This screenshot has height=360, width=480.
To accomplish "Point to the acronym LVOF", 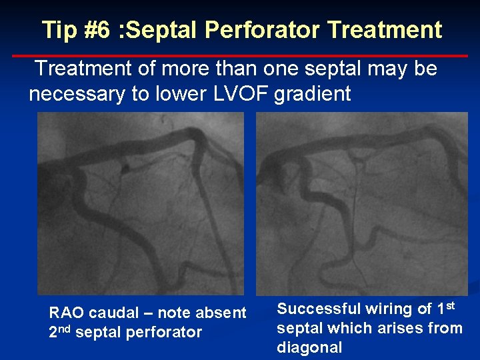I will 241,94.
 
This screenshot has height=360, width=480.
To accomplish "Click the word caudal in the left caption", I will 112,313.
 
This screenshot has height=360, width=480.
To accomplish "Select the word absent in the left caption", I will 224,313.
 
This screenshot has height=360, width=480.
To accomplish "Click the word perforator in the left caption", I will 166,332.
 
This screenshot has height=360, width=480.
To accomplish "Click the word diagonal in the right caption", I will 309,347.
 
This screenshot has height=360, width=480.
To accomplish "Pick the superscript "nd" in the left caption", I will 65,327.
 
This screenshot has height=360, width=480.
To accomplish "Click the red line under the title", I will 240,56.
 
